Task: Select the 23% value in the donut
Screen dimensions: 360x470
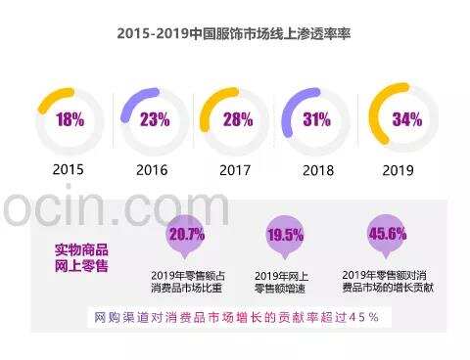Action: pos(154,120)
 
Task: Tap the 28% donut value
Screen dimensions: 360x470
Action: pos(236,120)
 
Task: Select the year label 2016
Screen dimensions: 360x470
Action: pos(152,169)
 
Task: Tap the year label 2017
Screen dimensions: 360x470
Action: pos(236,169)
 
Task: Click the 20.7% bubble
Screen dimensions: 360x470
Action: pos(186,235)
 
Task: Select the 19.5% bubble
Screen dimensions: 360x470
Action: pos(285,236)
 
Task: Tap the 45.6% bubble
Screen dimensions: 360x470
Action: pos(387,234)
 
